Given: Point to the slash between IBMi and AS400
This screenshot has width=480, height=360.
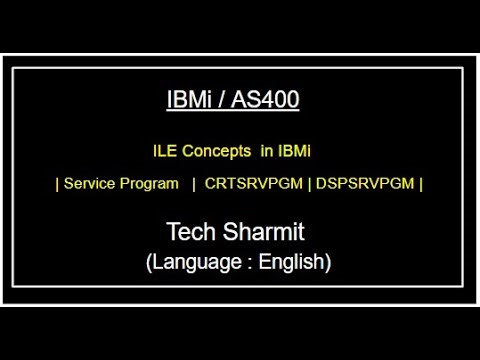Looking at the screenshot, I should [226, 101].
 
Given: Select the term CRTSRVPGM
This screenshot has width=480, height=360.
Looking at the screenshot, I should [257, 184].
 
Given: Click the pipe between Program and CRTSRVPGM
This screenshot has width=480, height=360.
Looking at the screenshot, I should [193, 184].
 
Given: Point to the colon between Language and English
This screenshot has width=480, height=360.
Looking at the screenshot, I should [244, 263].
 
